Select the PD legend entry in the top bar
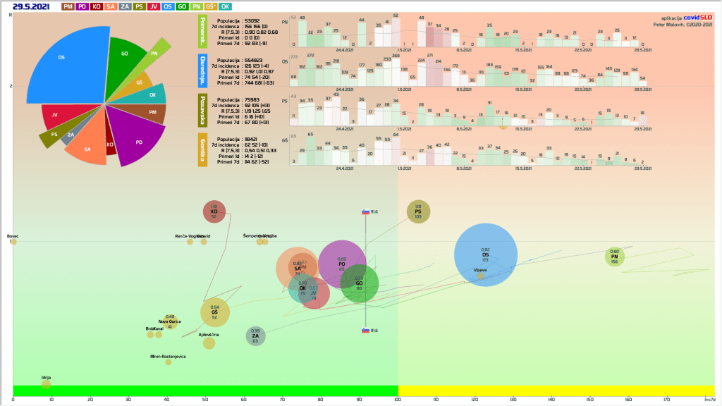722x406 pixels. tap(83, 6)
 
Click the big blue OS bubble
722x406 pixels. tap(485, 255)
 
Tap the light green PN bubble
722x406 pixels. tap(614, 257)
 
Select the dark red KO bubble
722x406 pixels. tap(214, 211)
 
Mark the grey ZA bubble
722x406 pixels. tap(255, 336)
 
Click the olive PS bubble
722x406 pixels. tap(418, 211)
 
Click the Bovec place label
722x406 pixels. tap(13, 236)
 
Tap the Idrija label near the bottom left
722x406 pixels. tap(46, 377)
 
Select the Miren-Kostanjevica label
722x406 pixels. tap(168, 357)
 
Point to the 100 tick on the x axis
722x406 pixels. tap(398, 399)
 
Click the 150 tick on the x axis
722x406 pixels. tap(589, 399)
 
